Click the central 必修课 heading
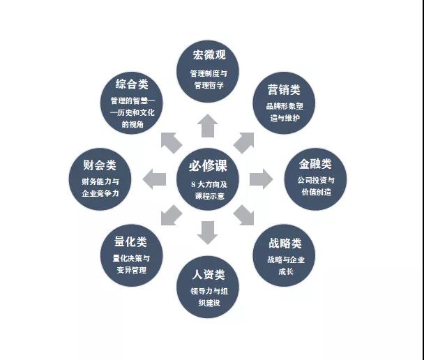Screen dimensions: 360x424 208,167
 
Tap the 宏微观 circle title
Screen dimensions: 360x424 209,54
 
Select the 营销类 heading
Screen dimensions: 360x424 284,90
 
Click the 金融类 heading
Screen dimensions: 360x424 315,164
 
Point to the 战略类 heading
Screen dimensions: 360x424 285,243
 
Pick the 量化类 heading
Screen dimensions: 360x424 130,241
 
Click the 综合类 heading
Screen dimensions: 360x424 132,84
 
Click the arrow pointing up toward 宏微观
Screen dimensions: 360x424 207,126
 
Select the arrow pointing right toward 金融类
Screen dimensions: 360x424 260,179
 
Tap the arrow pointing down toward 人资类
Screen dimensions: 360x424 207,232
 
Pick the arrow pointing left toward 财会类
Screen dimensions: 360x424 154,179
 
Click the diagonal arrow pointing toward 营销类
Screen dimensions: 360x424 243,142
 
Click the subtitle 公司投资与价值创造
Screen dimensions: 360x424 315,186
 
